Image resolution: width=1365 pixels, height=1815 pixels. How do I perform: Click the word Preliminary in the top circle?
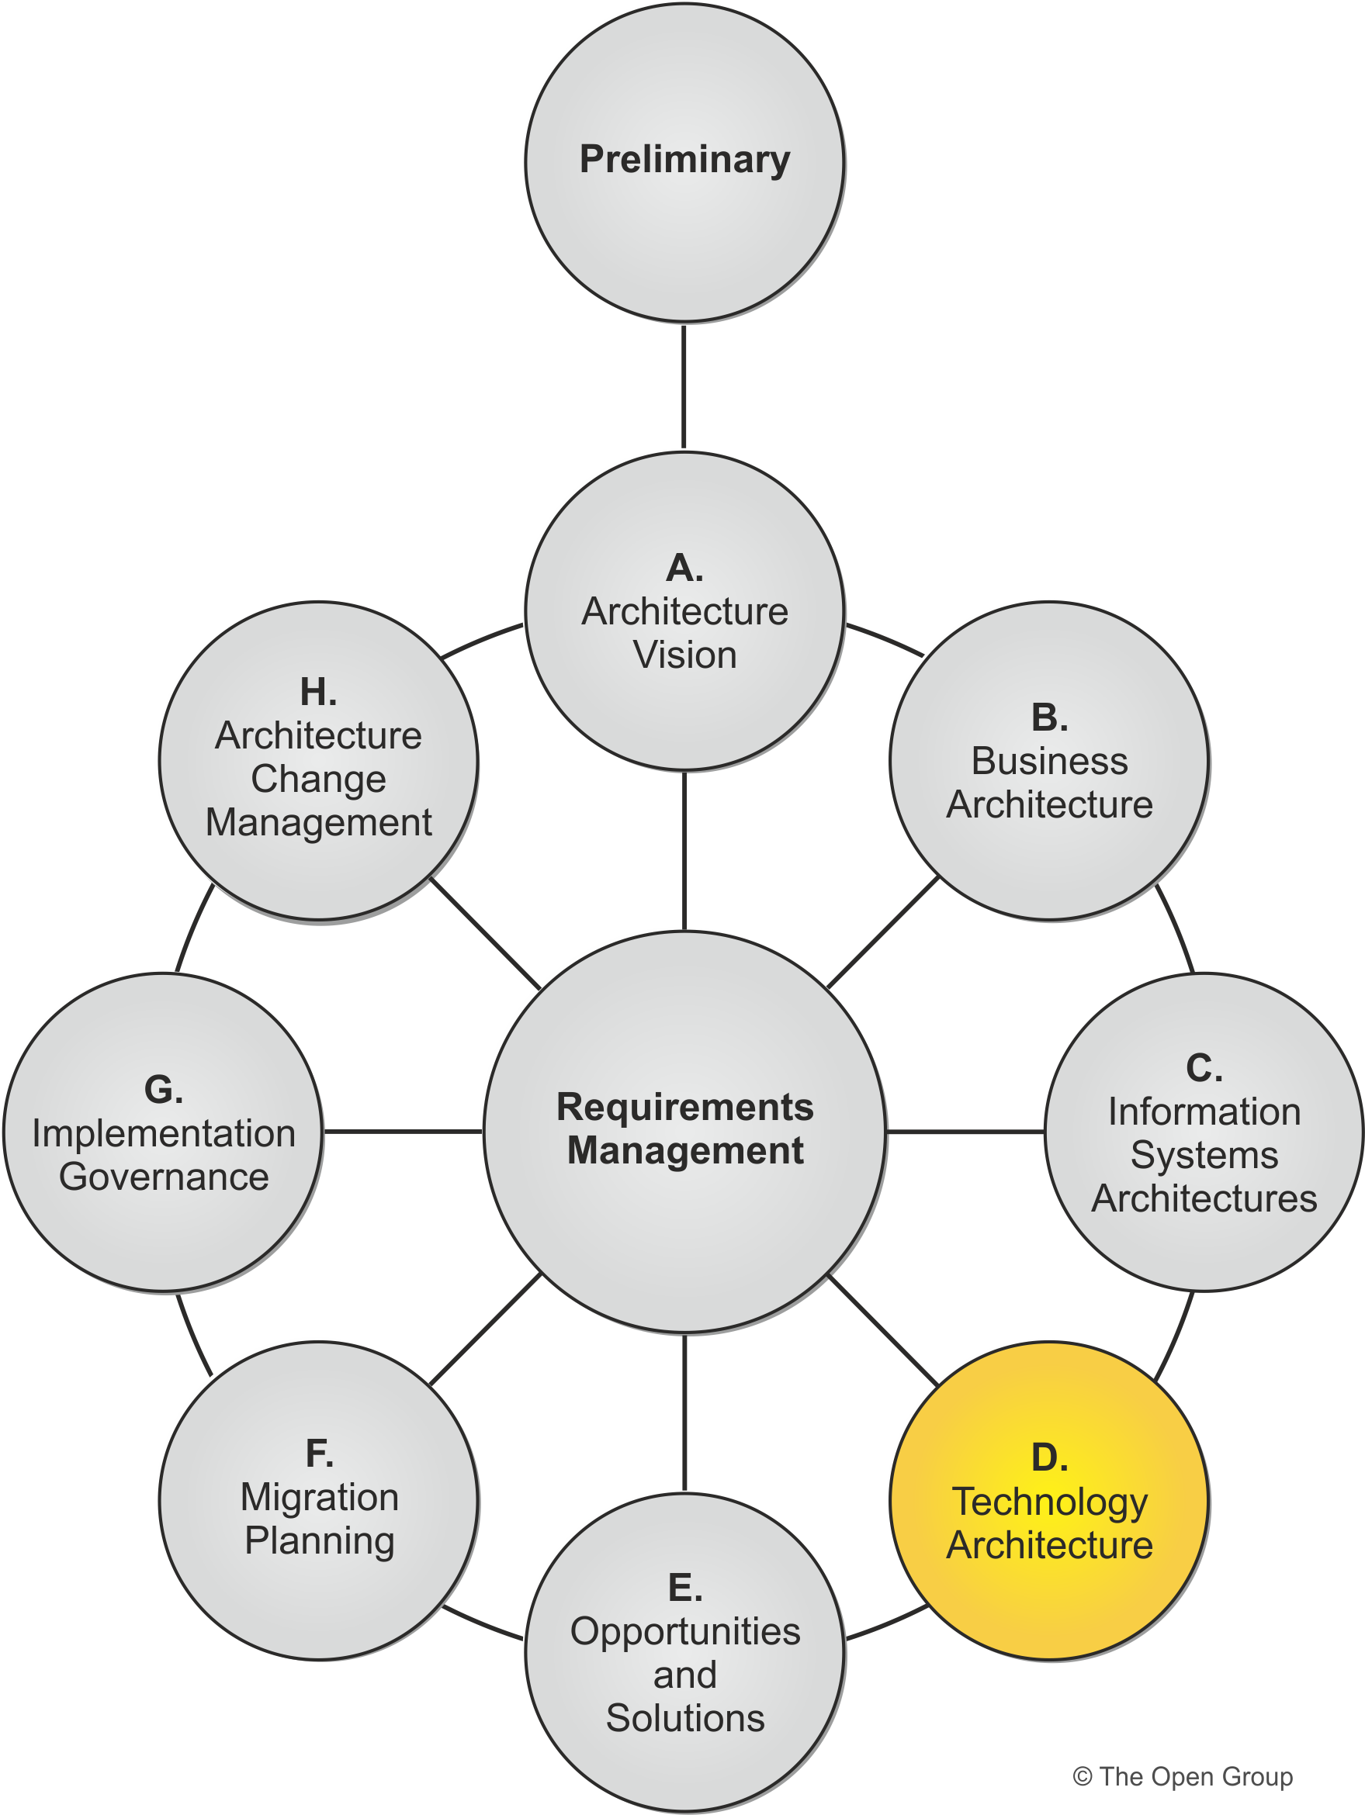tap(684, 159)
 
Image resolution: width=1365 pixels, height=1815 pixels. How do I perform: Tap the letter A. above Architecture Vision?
tap(684, 568)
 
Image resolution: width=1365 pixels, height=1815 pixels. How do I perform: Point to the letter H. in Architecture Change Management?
tap(318, 693)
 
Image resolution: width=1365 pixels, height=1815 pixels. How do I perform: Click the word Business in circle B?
tap(1049, 762)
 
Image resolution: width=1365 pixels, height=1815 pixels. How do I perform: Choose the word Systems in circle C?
tap(1204, 1155)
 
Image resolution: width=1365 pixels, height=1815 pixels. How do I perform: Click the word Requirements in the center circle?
tap(684, 1107)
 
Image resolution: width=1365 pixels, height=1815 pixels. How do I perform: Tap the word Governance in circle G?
tap(165, 1177)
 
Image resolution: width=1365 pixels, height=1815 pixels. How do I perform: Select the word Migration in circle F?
tap(319, 1497)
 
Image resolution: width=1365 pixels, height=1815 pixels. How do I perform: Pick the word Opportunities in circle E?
tap(684, 1631)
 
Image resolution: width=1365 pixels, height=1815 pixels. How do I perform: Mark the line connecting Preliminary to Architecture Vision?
tap(684, 385)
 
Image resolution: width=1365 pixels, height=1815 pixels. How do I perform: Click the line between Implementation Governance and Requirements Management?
tap(402, 1132)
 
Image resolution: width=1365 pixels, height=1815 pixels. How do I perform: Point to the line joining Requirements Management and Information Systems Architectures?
tap(965, 1132)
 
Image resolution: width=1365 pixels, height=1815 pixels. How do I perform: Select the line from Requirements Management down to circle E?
tap(684, 1412)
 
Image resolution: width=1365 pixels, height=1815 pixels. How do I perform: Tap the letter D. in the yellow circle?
tap(1049, 1459)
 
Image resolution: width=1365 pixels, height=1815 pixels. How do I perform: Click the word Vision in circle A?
tap(684, 655)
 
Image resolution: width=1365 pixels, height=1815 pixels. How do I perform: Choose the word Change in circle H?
tap(318, 779)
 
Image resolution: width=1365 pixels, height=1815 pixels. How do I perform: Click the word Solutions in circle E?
tap(684, 1718)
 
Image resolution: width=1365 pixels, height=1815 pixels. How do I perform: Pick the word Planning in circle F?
tap(319, 1540)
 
